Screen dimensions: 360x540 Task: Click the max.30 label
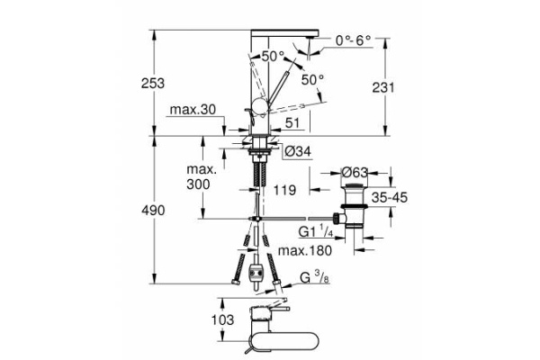click(191, 110)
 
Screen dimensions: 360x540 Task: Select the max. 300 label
click(200, 176)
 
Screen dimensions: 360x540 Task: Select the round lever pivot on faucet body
click(256, 109)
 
